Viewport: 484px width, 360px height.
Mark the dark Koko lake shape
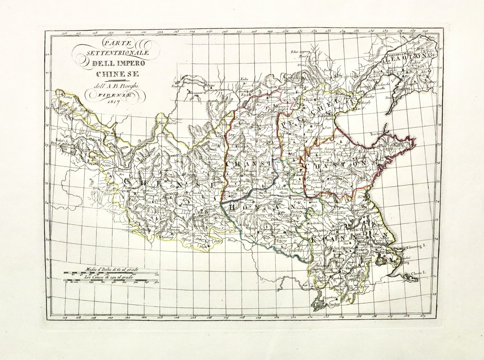[68, 150]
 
